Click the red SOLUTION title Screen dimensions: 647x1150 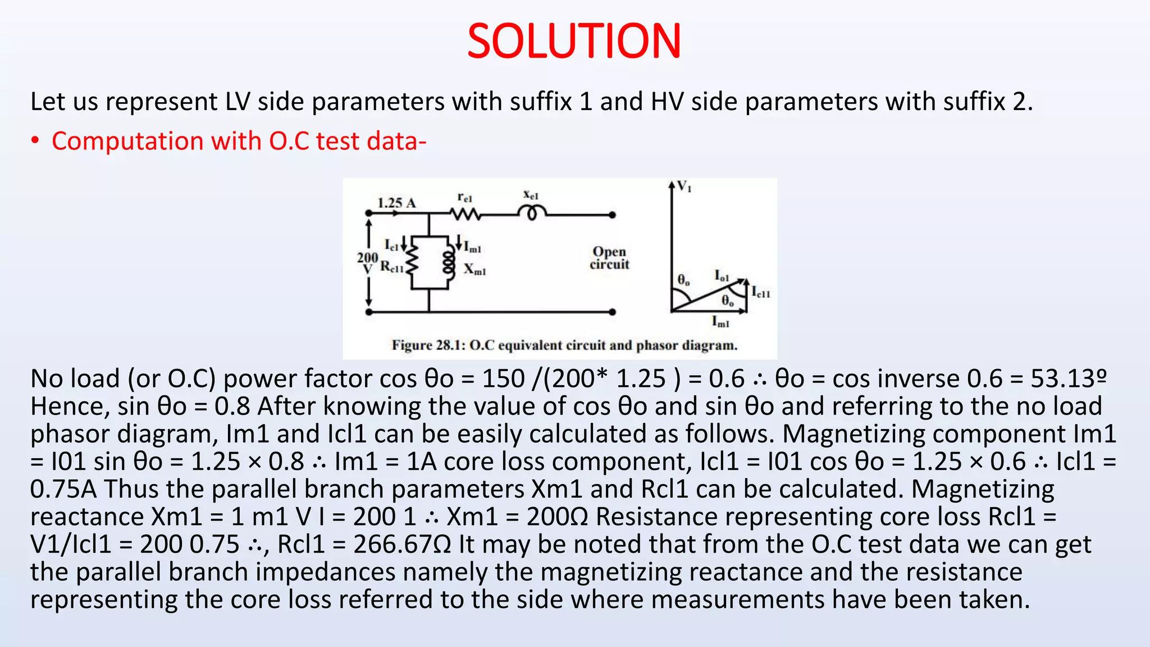click(x=574, y=42)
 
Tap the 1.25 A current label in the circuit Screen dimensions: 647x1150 click(x=396, y=203)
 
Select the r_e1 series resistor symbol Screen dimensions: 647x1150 click(x=465, y=214)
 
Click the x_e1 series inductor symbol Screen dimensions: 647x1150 click(x=531, y=213)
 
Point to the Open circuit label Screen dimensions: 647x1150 click(x=609, y=258)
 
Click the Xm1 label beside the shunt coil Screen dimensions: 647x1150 click(x=474, y=270)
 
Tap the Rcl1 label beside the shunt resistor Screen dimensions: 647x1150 click(x=392, y=267)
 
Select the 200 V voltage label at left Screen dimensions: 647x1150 click(x=367, y=263)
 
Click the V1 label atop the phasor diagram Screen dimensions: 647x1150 click(x=684, y=186)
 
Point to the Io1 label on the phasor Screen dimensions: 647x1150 click(x=722, y=276)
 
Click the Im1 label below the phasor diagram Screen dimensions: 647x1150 click(x=720, y=322)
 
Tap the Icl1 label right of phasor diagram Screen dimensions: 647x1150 click(x=761, y=292)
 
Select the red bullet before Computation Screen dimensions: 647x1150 click(x=35, y=141)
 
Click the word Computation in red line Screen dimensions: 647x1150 click(x=127, y=141)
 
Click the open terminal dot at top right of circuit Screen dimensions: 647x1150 click(x=612, y=215)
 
